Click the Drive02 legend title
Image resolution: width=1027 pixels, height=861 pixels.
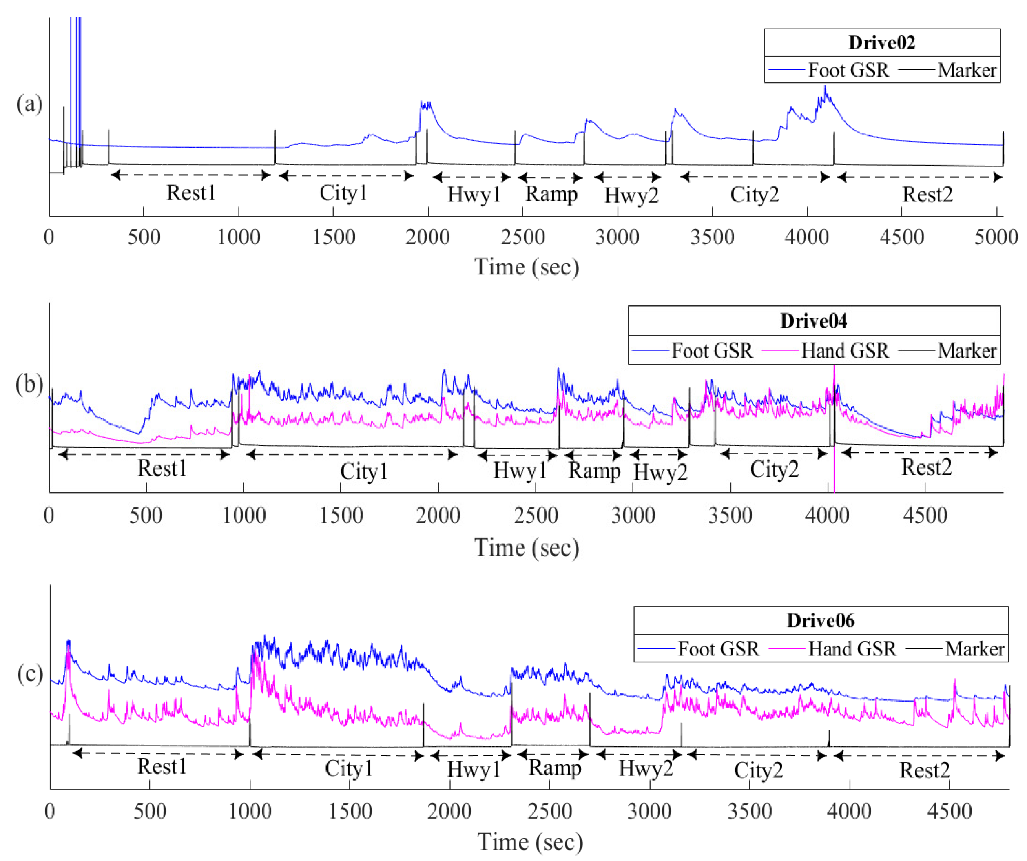pyautogui.click(x=881, y=42)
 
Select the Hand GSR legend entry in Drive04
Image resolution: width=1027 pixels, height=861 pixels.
pyautogui.click(x=845, y=351)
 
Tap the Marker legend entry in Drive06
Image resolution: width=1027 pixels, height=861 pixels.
pyautogui.click(x=974, y=649)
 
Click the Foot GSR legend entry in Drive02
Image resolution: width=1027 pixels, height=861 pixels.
pyautogui.click(x=848, y=70)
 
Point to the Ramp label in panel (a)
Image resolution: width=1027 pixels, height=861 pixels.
pyautogui.click(x=551, y=194)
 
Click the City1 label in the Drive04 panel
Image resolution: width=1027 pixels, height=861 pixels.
pyautogui.click(x=363, y=471)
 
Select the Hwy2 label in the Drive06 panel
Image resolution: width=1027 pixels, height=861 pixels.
pyautogui.click(x=646, y=768)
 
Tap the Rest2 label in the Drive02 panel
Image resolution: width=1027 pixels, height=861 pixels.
pyautogui.click(x=927, y=195)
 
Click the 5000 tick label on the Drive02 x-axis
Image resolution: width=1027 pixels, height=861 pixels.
pyautogui.click(x=996, y=238)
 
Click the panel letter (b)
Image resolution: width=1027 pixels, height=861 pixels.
pyautogui.click(x=29, y=384)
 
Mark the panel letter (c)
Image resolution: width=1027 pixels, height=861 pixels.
pyautogui.click(x=30, y=674)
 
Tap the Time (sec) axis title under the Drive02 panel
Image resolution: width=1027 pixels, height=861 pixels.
pyautogui.click(x=527, y=267)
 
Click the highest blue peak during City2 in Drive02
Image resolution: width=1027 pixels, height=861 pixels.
pyautogui.click(x=825, y=88)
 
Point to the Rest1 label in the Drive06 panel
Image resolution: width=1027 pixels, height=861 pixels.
pyautogui.click(x=162, y=766)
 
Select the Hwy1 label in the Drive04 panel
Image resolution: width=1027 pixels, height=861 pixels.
pyautogui.click(x=519, y=470)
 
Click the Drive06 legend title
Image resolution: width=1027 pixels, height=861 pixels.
pyautogui.click(x=821, y=620)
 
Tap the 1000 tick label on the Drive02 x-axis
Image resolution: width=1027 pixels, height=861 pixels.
pyautogui.click(x=238, y=238)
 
